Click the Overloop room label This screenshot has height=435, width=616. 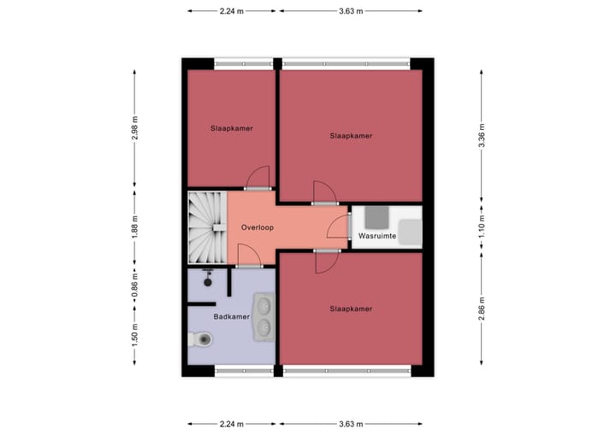click(257, 228)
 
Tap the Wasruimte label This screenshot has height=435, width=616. click(376, 235)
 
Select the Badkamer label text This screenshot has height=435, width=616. click(231, 317)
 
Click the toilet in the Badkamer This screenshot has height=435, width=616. click(200, 340)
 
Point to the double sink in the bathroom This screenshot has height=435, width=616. click(264, 314)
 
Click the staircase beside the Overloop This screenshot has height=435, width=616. click(206, 228)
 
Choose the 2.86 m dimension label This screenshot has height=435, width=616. click(483, 311)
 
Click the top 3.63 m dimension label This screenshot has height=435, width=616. click(351, 11)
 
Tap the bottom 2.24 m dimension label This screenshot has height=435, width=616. click(231, 424)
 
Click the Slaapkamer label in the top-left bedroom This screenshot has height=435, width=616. click(231, 128)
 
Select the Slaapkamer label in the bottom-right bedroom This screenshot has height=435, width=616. click(351, 309)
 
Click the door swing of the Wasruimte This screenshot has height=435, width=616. click(340, 227)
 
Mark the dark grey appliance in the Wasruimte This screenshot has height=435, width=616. click(377, 214)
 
